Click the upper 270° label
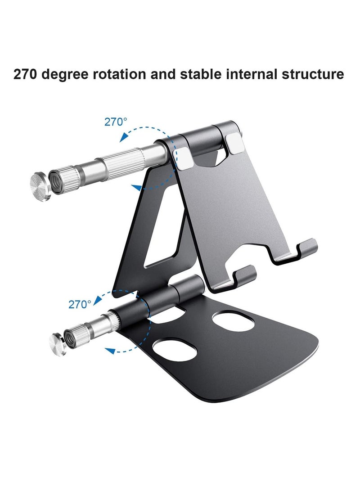116,122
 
